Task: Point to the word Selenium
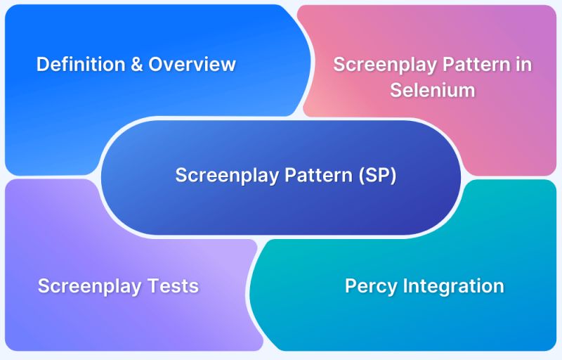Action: pyautogui.click(x=432, y=91)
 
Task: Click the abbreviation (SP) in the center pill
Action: pyautogui.click(x=377, y=175)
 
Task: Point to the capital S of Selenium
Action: pyautogui.click(x=396, y=91)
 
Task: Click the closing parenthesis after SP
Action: pyautogui.click(x=393, y=175)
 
